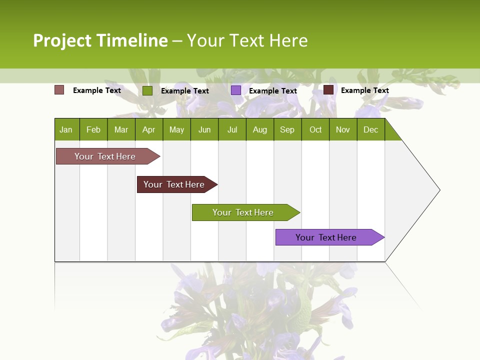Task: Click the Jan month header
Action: [66, 129]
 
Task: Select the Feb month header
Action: [93, 129]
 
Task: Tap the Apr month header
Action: [149, 129]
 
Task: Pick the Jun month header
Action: [204, 129]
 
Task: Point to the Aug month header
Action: [260, 129]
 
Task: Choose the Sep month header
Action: [287, 129]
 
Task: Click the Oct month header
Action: [315, 129]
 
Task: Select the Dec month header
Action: [371, 129]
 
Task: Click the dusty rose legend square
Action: [59, 90]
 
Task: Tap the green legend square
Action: [147, 90]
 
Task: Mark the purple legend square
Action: [236, 90]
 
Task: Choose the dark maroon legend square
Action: [328, 90]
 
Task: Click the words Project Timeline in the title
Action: [100, 40]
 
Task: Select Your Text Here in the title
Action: [247, 40]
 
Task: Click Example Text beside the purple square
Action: [273, 91]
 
